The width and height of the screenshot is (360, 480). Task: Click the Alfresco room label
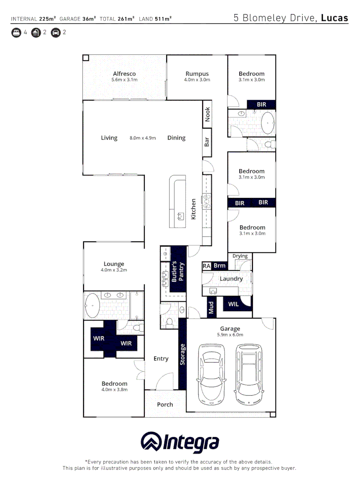pos(124,74)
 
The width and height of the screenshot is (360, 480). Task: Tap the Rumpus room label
pos(197,74)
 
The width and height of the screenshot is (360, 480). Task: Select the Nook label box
pos(207,115)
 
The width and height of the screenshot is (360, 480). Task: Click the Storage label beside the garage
pos(182,354)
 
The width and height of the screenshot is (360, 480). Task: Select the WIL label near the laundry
pos(233,304)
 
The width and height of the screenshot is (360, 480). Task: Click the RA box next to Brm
pos(206,266)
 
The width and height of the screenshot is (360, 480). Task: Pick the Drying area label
pos(240,256)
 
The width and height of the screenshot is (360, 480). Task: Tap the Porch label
pos(165,404)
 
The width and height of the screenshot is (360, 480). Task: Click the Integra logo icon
pos(151,442)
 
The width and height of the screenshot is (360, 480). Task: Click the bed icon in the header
pos(16,32)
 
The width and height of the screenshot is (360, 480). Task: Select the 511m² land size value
pos(164,19)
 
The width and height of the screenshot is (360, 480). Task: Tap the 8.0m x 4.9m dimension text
pos(143,138)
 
